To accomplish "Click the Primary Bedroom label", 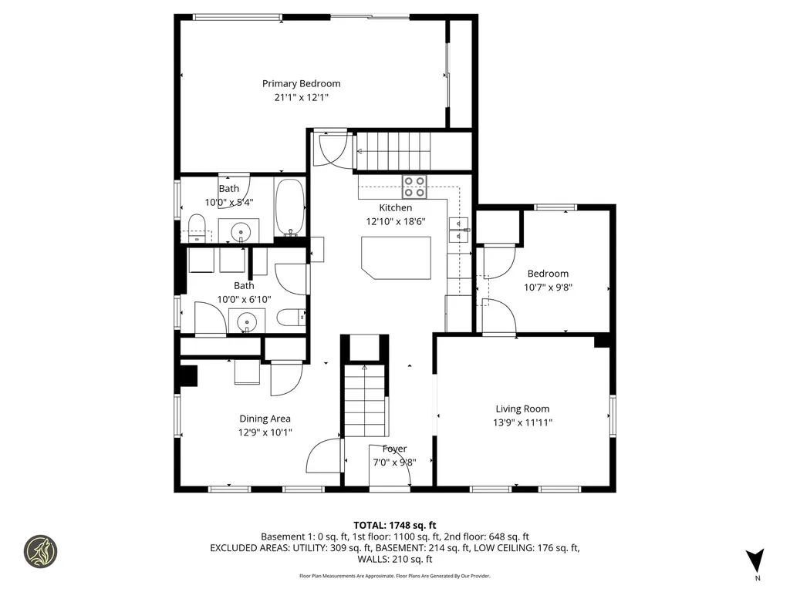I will (x=301, y=83).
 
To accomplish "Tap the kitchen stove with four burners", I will (x=414, y=187).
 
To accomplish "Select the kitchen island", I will (x=396, y=257).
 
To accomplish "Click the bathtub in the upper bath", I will (x=290, y=207).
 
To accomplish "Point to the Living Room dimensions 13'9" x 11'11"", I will (x=523, y=422).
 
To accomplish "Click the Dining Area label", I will (x=265, y=419).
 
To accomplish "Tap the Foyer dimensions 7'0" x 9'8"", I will (x=389, y=463).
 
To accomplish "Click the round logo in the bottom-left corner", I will (x=40, y=551).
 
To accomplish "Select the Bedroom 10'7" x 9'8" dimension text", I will (x=548, y=287).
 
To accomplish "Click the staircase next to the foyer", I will (x=364, y=397).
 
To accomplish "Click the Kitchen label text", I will (x=395, y=207).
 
